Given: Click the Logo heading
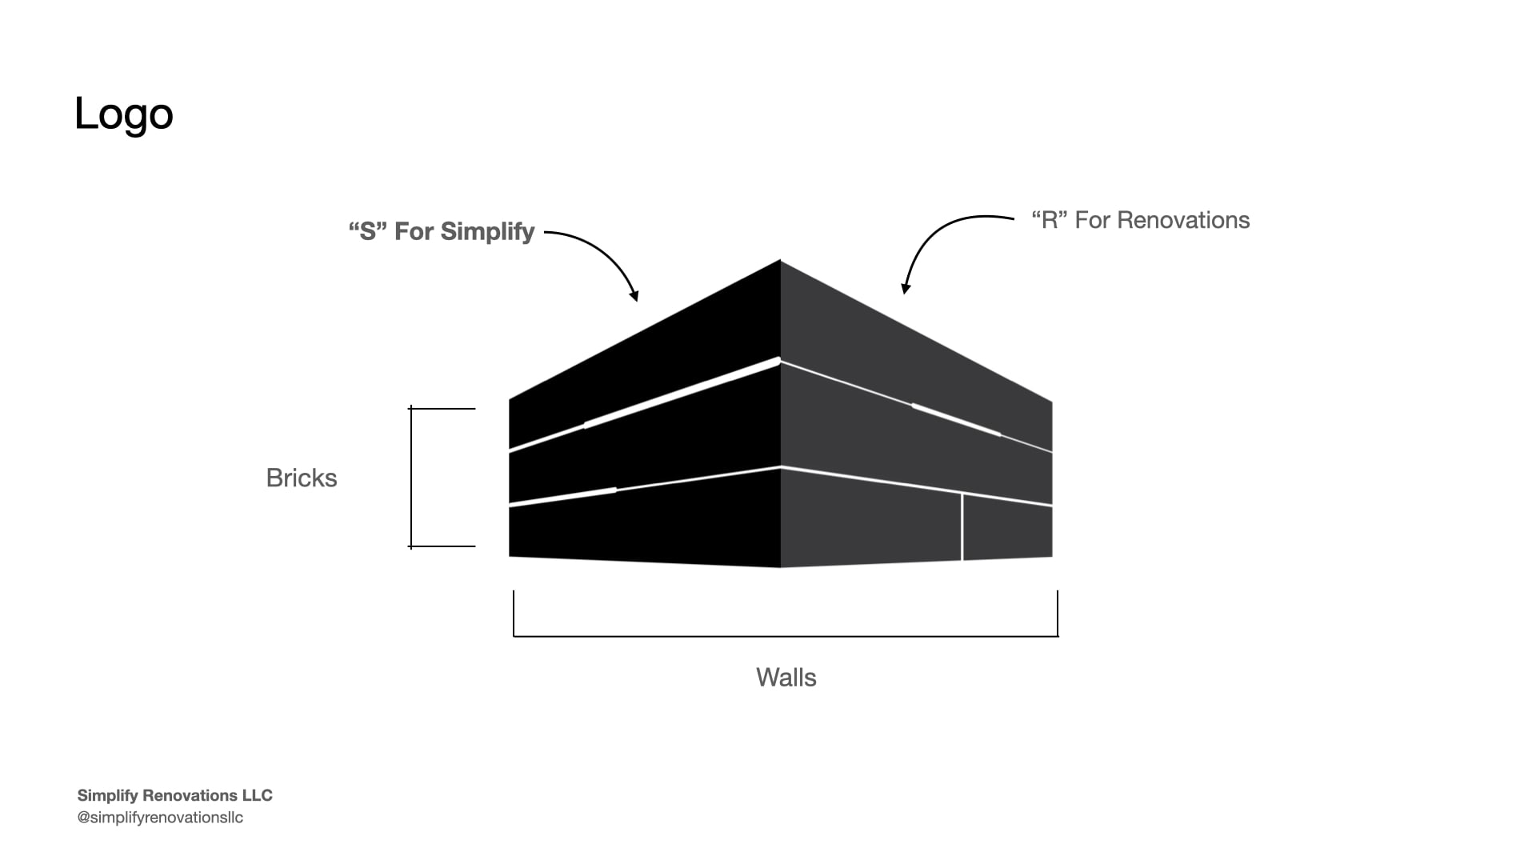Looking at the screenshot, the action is point(124,114).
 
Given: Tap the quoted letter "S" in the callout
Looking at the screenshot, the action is point(367,231).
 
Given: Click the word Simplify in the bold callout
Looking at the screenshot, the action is point(487,232).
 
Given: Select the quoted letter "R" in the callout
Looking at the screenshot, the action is point(1049,220).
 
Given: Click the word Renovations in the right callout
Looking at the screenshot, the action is point(1183,220).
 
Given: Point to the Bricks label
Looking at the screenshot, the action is point(302,478).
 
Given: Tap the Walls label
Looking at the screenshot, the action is point(786,678).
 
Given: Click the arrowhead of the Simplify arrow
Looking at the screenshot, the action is point(634,296).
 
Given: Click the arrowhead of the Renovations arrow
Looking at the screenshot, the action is point(905,288).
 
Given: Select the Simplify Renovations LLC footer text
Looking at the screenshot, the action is point(174,795).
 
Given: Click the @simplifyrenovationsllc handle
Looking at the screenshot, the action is point(160,818).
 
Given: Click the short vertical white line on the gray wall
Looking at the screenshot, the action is point(962,527).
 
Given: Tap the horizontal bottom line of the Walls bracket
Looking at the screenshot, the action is point(786,636).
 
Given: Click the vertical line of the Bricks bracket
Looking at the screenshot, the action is point(411,478).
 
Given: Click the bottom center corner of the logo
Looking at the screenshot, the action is point(780,567).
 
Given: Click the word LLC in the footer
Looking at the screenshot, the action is point(257,795).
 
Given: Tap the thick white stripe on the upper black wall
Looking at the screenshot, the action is point(682,392).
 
